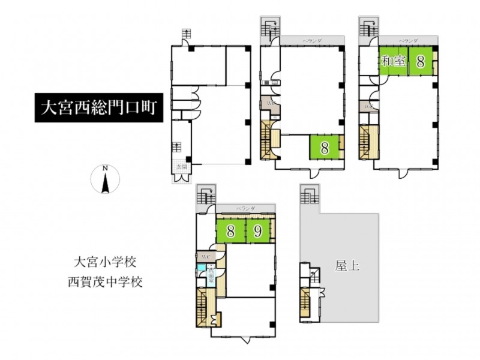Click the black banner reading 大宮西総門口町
click(98, 109)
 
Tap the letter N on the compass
click(105, 169)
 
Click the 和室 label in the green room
click(394, 61)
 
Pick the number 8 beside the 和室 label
click(421, 61)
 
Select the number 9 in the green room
click(258, 230)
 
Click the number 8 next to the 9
click(230, 230)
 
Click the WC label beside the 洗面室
click(205, 256)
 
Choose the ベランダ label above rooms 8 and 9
click(245, 208)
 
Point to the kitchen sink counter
click(265, 82)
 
